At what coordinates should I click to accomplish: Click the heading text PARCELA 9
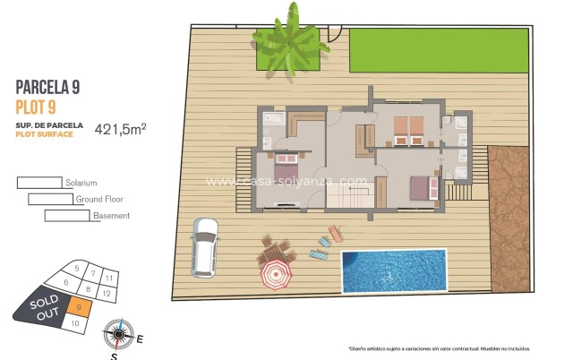pyautogui.click(x=48, y=87)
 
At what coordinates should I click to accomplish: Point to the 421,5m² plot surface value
pyautogui.click(x=120, y=129)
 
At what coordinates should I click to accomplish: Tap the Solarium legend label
pyautogui.click(x=81, y=183)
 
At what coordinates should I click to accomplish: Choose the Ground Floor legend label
pyautogui.click(x=99, y=200)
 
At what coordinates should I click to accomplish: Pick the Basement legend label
pyautogui.click(x=111, y=216)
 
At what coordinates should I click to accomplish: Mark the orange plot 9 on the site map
pyautogui.click(x=80, y=308)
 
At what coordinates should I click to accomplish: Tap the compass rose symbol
pyautogui.click(x=116, y=335)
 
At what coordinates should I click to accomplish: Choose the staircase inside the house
pyautogui.click(x=364, y=137)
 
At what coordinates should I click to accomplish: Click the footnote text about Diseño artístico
pyautogui.click(x=439, y=348)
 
